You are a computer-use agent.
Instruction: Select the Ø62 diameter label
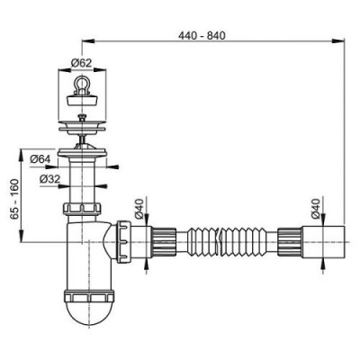click(x=82, y=63)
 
